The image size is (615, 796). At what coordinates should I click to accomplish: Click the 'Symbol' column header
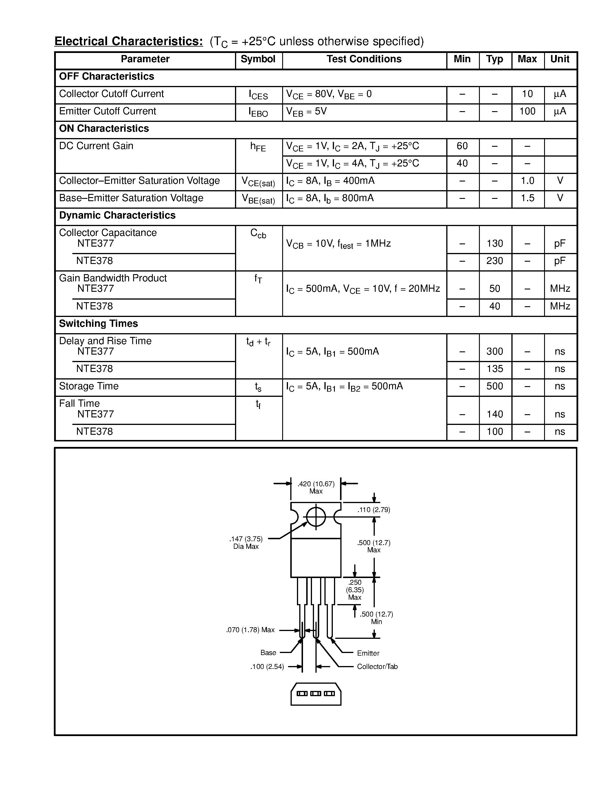pyautogui.click(x=258, y=59)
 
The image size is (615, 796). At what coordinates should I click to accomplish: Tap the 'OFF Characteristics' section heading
pyautogui.click(x=107, y=76)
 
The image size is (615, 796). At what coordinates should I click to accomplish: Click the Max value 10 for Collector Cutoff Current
pyautogui.click(x=527, y=94)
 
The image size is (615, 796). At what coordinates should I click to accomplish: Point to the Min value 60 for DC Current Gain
pyautogui.click(x=462, y=146)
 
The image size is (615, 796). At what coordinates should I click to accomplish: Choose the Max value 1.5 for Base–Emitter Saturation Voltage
pyautogui.click(x=527, y=198)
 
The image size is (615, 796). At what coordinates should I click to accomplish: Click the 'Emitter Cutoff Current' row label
pyautogui.click(x=107, y=111)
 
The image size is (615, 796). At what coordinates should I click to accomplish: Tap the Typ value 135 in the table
pyautogui.click(x=494, y=369)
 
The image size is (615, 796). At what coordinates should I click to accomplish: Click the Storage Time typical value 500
pyautogui.click(x=494, y=386)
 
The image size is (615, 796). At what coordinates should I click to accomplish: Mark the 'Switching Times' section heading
pyautogui.click(x=98, y=324)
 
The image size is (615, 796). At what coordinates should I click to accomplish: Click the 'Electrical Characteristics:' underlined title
pyautogui.click(x=128, y=42)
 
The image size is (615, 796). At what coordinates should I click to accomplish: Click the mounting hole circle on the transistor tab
pyautogui.click(x=316, y=517)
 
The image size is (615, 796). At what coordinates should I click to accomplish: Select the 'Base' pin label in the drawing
pyautogui.click(x=268, y=653)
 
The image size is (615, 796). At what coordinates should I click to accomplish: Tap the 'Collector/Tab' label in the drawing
pyautogui.click(x=377, y=667)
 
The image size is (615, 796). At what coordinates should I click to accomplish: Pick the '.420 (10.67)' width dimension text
pyautogui.click(x=316, y=484)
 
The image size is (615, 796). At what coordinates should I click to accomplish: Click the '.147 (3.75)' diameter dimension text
pyautogui.click(x=246, y=539)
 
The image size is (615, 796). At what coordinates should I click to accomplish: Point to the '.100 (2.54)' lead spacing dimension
pyautogui.click(x=267, y=667)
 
